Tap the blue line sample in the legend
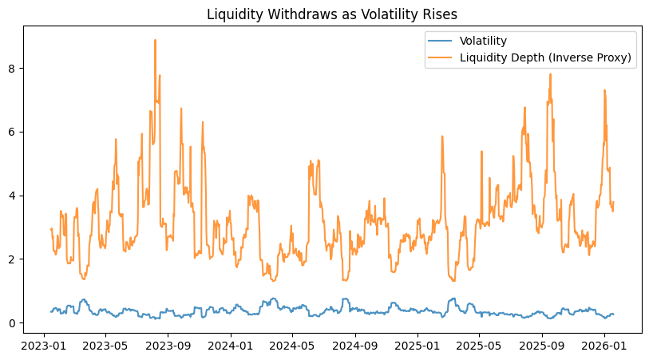coord(441,41)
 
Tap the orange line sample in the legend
coord(441,57)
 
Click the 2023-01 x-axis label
coord(43,346)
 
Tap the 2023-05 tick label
coord(105,346)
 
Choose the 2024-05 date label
coord(292,346)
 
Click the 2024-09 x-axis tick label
coord(355,346)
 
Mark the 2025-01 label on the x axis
coord(417,346)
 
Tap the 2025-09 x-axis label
coord(542,346)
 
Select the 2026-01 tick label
coord(604,346)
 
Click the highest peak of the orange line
coord(155,40)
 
